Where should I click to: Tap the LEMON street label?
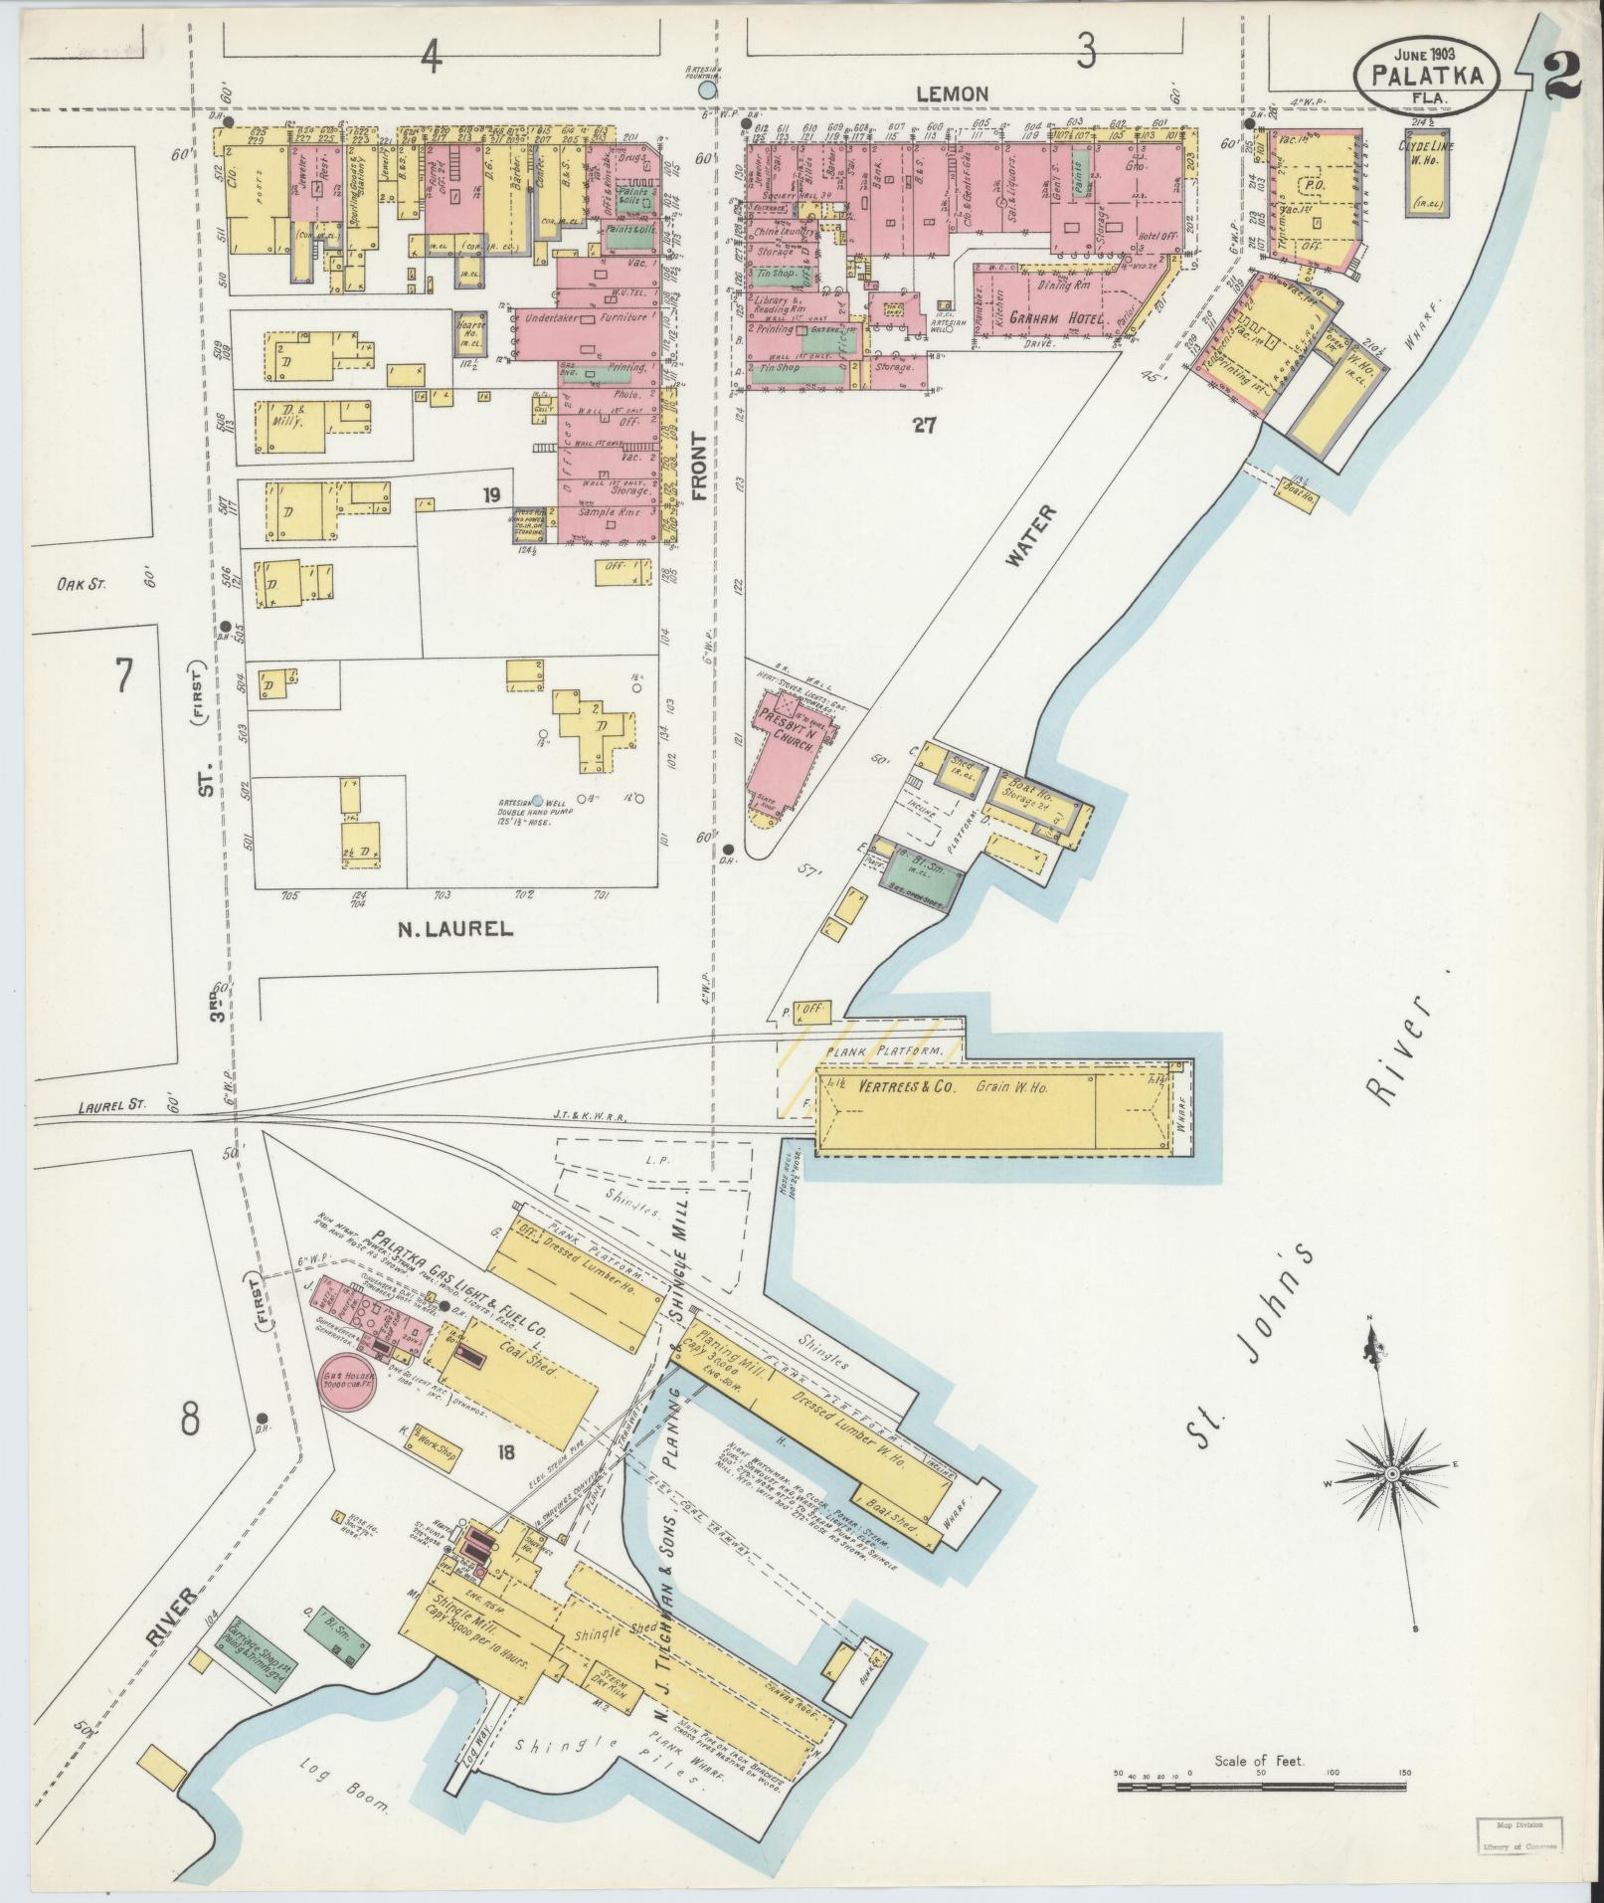point(952,94)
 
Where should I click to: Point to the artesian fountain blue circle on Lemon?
point(707,91)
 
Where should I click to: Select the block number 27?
point(925,426)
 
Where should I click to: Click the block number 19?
point(491,494)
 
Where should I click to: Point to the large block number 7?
point(122,675)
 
